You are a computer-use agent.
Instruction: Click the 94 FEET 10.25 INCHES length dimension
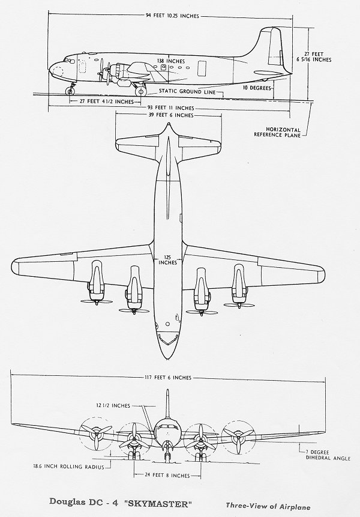tap(172, 16)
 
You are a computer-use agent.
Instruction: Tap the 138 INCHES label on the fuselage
tap(171, 61)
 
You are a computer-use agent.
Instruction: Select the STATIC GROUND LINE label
tap(187, 91)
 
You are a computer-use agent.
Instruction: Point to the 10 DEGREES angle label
tap(257, 88)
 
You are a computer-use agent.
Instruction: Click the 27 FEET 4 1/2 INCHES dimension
tap(106, 101)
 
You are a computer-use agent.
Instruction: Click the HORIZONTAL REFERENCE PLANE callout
tap(277, 132)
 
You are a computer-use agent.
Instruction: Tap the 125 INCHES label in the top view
tap(167, 260)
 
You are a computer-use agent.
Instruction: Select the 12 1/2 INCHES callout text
tap(113, 405)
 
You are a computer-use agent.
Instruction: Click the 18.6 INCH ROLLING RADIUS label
tap(68, 467)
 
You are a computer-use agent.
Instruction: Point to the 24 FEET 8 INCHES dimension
tap(167, 476)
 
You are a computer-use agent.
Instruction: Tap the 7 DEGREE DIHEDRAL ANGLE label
tap(328, 455)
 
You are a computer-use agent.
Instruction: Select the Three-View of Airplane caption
tap(268, 506)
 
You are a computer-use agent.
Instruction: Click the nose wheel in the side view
tap(70, 91)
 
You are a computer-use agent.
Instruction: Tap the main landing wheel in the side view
tap(141, 91)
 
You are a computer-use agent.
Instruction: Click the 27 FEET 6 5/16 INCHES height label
tap(314, 56)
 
